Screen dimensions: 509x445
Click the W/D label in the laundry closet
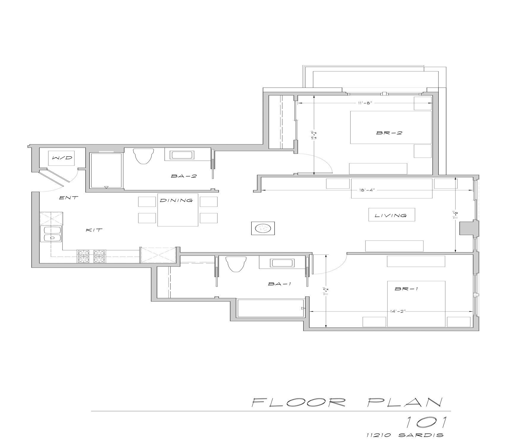62,158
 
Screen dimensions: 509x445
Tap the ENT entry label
69,198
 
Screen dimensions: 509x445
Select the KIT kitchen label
94,230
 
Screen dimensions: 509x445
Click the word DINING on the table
176,200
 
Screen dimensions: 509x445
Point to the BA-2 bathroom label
184,176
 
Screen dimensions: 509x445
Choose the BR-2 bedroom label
389,133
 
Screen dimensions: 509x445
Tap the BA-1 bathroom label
280,284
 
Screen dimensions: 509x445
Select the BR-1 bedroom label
406,289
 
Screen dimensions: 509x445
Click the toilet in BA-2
144,156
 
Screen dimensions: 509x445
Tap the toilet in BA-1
236,264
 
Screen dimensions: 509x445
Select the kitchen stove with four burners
91,256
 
